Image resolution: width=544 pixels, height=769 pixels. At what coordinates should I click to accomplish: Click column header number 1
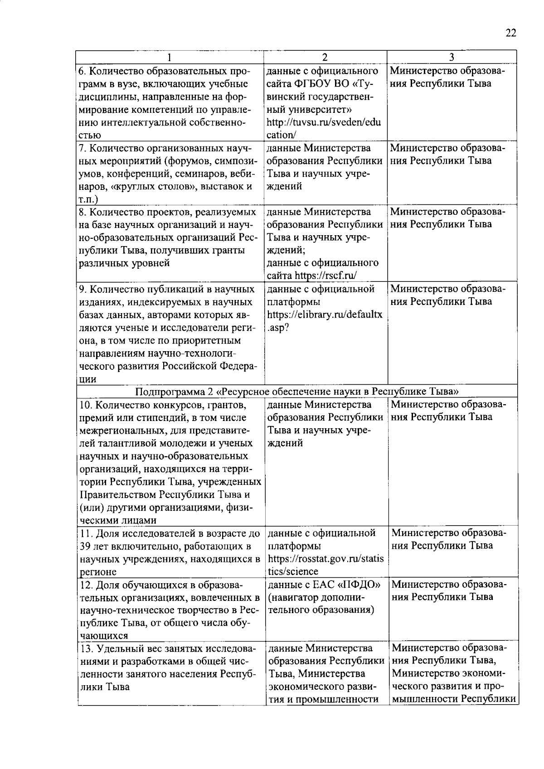(x=170, y=58)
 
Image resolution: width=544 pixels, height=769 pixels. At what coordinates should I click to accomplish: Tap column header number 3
(x=452, y=58)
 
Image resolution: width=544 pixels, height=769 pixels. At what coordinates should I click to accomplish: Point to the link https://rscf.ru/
(x=325, y=276)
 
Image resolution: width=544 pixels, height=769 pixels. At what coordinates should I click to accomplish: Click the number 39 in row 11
(x=85, y=546)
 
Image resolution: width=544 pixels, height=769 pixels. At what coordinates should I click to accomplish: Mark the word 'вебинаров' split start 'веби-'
(x=243, y=174)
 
